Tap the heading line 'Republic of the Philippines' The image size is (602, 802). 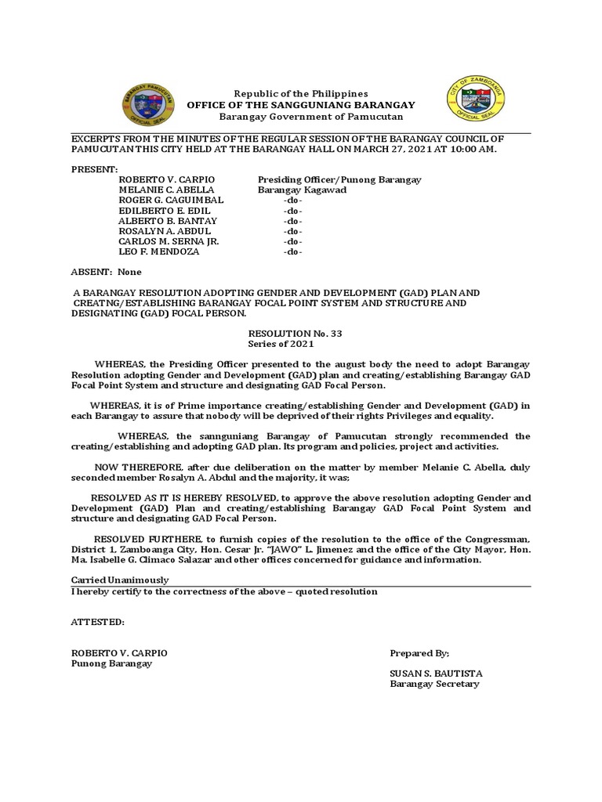tap(300, 93)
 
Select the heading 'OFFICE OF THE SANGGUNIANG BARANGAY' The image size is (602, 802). tap(300, 105)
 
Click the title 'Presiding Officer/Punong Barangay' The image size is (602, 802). tap(339, 180)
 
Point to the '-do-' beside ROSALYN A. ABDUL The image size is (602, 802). tap(292, 231)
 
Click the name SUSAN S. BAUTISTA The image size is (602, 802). tap(436, 674)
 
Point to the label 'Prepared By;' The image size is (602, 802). tap(419, 653)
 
